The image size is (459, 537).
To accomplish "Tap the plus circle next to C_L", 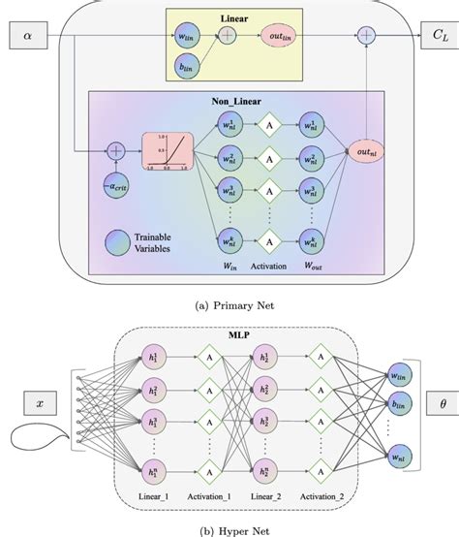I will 366,35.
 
